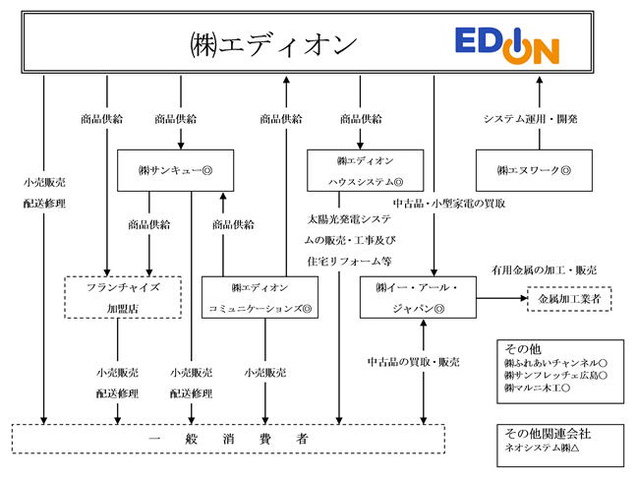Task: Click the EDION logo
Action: point(507,46)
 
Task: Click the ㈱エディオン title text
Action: point(274,44)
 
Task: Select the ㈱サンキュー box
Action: point(176,170)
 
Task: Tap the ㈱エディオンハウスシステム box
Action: point(366,170)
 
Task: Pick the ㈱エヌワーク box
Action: point(534,170)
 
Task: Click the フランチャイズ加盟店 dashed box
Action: point(123,297)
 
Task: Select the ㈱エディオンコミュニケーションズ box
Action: point(260,297)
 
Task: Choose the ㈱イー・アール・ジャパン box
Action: point(418,297)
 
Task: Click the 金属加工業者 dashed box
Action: point(569,299)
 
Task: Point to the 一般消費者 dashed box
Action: point(228,439)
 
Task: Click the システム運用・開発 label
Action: point(530,119)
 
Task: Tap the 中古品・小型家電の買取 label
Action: point(449,204)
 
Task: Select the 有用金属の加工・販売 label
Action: point(544,270)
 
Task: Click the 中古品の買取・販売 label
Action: point(414,362)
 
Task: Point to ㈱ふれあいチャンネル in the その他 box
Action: point(555,363)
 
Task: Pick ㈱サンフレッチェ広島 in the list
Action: point(555,375)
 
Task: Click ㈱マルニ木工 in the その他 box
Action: point(537,388)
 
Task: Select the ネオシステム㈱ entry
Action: point(542,448)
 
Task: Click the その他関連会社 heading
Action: point(548,434)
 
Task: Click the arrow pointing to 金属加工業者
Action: point(501,298)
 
